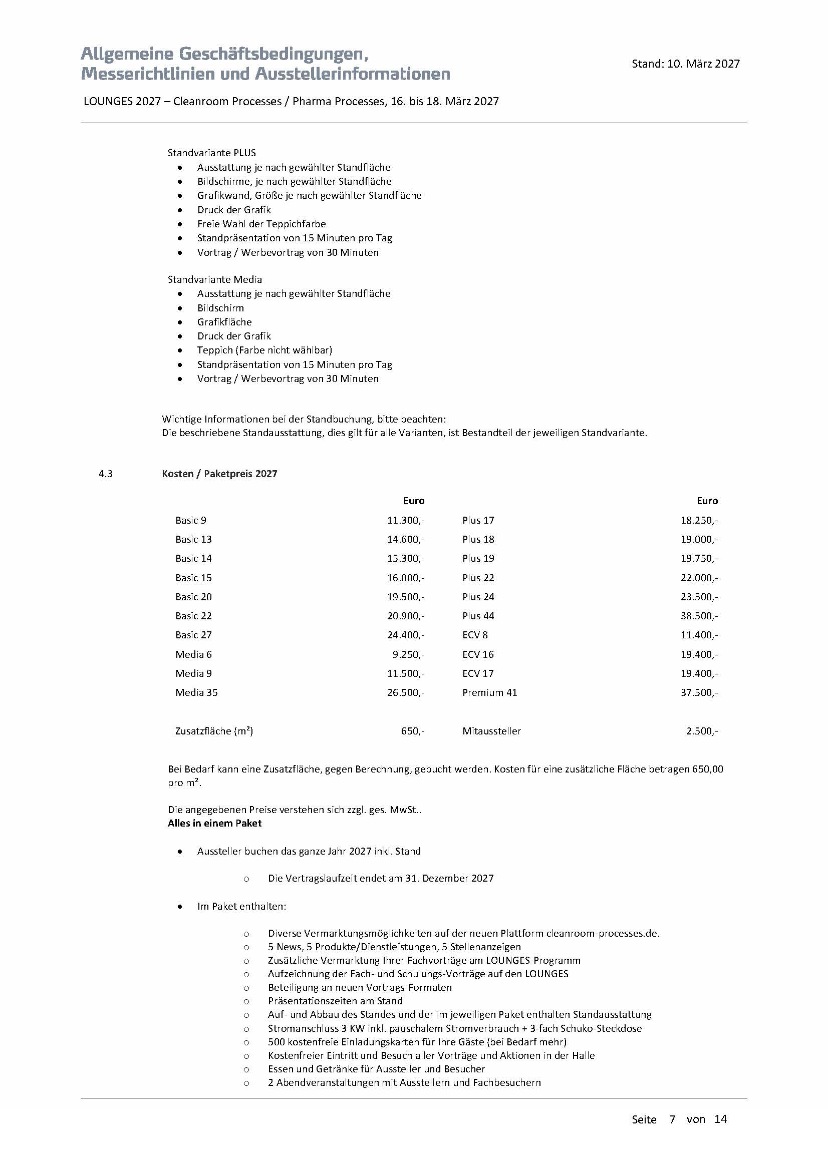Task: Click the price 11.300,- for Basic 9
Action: coord(406,520)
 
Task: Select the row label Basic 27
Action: coord(193,635)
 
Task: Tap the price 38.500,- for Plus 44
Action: coord(699,616)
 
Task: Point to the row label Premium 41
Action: coord(489,692)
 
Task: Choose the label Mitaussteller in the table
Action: coord(491,731)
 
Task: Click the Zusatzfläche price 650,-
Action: coord(413,731)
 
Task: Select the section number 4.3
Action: coord(106,474)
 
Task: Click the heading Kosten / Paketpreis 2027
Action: coord(219,474)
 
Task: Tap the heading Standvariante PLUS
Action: coord(212,153)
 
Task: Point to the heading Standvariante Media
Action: coord(215,279)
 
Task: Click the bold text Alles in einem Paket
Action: coord(214,823)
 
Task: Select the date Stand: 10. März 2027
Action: coord(686,64)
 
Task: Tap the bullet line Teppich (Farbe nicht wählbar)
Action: coord(264,350)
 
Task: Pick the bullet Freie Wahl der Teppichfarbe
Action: coord(261,224)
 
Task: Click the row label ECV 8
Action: coord(475,635)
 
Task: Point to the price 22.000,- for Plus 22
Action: coord(699,578)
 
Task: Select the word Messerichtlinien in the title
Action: coord(146,74)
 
